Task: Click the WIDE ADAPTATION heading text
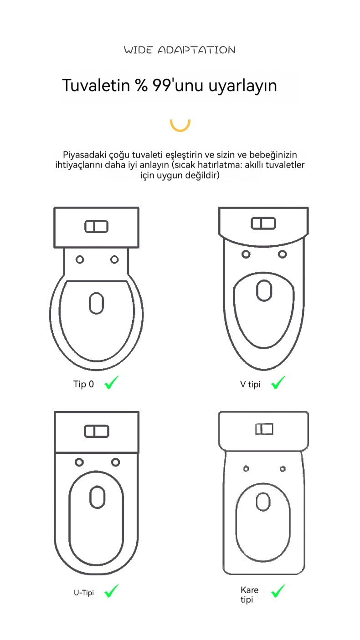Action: pos(180,50)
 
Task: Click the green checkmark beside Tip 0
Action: pos(111,382)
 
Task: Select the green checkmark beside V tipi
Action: pos(278,382)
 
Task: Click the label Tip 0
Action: pos(83,384)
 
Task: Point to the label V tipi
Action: pos(250,384)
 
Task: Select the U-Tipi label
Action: pos(84,593)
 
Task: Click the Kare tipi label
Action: pos(249,594)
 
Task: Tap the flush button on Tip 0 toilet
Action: pos(96,227)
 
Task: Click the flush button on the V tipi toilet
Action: pos(263,223)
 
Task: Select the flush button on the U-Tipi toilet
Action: pos(97,431)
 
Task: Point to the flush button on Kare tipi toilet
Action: pos(264,429)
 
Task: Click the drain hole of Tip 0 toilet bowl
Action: pos(96,303)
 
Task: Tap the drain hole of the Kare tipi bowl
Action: pos(263,502)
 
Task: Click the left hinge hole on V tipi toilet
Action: pos(246,254)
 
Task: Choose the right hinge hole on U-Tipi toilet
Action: pos(116,462)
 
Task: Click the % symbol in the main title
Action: pos(142,86)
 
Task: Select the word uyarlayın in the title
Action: pos(242,86)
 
